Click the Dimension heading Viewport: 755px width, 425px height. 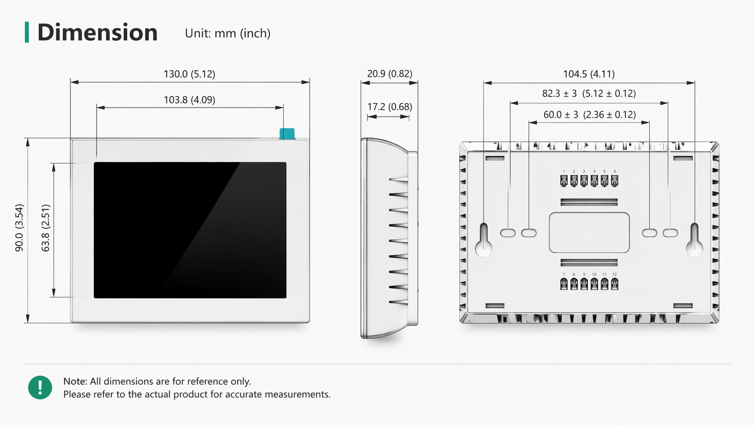tap(98, 33)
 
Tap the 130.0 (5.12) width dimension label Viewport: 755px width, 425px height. tap(189, 74)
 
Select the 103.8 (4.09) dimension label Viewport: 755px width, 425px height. tap(189, 100)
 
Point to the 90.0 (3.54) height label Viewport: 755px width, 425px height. tap(19, 228)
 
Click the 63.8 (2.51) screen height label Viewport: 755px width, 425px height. tap(46, 228)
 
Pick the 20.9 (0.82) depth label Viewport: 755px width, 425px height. tap(390, 74)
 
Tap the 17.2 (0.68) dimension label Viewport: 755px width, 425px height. tap(390, 107)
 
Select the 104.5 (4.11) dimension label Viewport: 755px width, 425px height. tap(589, 74)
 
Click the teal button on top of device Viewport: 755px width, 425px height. tap(287, 134)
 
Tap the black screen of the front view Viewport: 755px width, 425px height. tap(190, 230)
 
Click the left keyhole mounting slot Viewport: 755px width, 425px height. tap(484, 240)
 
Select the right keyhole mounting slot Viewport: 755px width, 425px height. tap(694, 240)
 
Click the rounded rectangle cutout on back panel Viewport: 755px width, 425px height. tap(589, 233)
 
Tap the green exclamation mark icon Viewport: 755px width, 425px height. tap(40, 388)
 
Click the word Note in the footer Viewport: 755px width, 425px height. tap(75, 381)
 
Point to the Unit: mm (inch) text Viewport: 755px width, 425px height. tap(228, 33)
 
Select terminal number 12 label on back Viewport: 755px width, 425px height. tap(615, 274)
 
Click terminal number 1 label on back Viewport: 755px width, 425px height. tap(564, 171)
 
